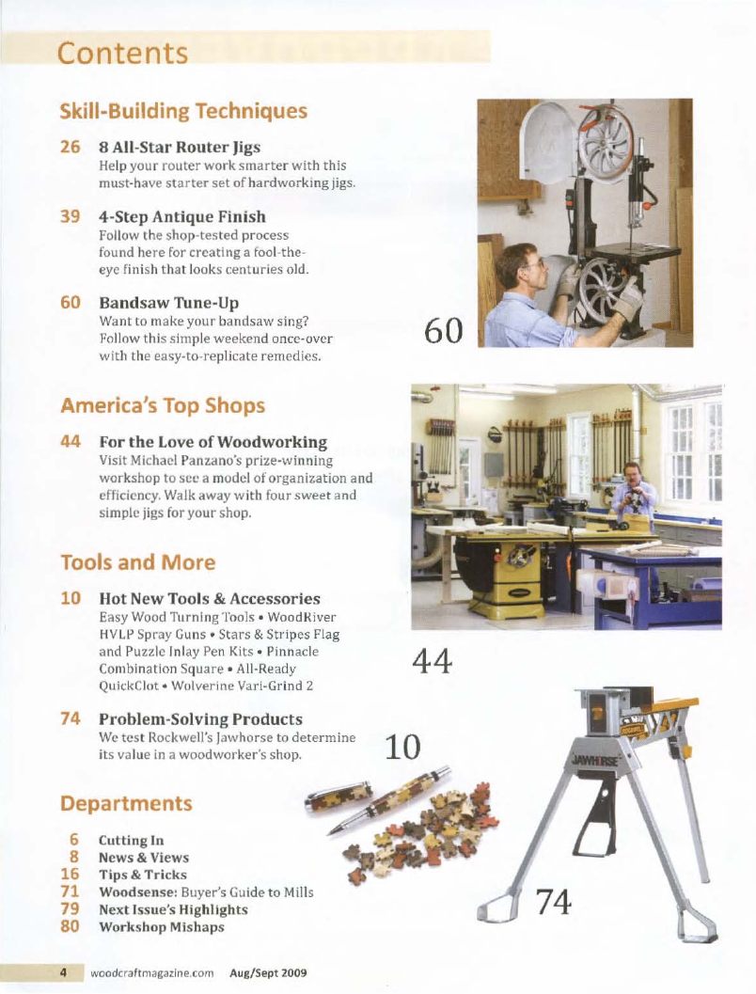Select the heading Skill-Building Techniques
pos(183,110)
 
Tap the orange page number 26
pos(70,148)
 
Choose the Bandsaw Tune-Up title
pos(168,304)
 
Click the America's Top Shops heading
pos(163,405)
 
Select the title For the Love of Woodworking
pos(213,442)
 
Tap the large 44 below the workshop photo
pos(433,663)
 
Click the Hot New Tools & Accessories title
pos(209,599)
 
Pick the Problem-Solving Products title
pos(200,719)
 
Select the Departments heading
pos(126,804)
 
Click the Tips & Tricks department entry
pos(142,875)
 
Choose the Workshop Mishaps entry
pos(161,926)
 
